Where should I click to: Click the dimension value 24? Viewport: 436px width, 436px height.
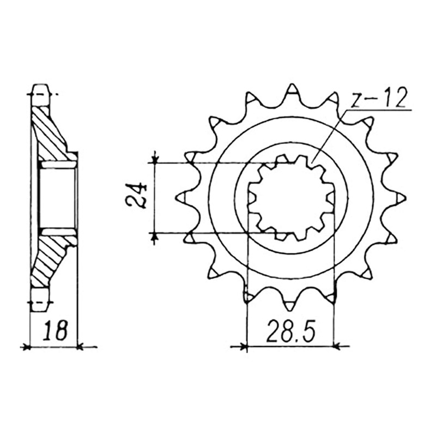[136, 196]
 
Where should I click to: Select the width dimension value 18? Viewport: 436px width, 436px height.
[55, 331]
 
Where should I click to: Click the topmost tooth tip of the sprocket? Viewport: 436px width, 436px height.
[292, 84]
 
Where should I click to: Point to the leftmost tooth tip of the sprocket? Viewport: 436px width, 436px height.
[178, 197]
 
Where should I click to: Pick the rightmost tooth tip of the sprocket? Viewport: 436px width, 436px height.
[405, 198]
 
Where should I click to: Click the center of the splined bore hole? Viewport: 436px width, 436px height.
[292, 197]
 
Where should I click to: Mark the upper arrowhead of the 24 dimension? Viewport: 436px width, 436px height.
[155, 160]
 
